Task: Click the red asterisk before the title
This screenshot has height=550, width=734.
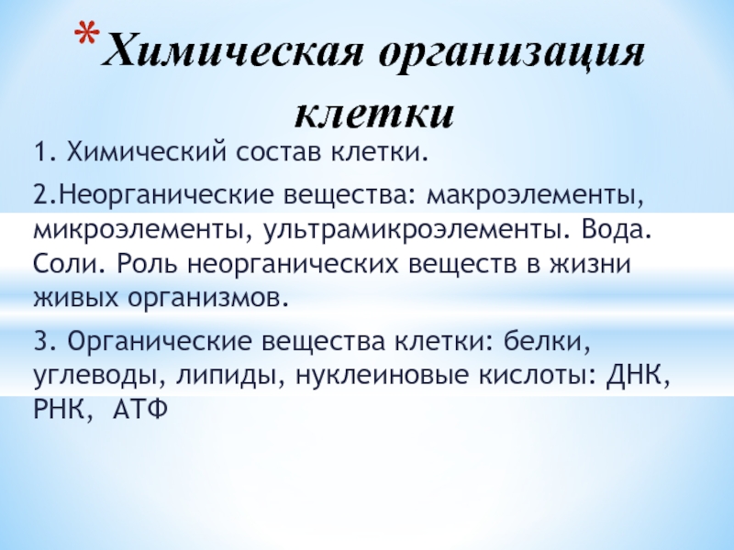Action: click(87, 34)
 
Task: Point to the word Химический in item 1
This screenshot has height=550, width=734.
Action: click(147, 151)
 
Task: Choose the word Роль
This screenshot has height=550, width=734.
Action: click(147, 263)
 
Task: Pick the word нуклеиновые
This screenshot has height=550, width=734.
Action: click(382, 376)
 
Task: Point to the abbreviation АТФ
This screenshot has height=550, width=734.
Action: click(140, 410)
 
